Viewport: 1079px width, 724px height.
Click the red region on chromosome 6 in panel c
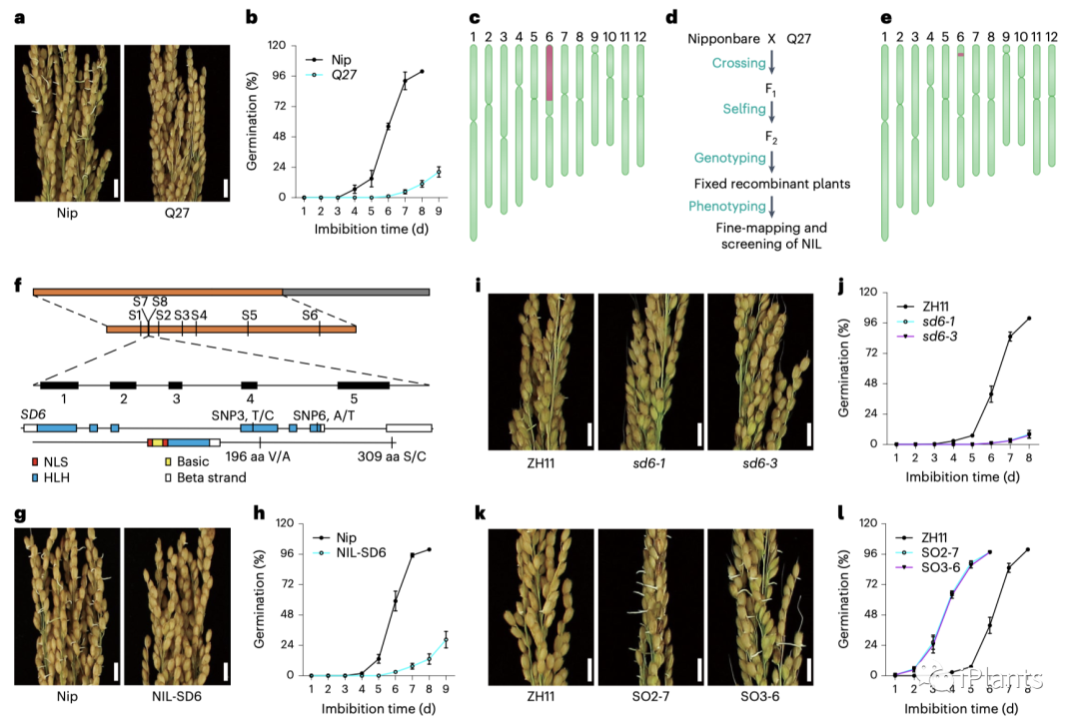pos(548,77)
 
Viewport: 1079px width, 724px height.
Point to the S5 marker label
pos(249,315)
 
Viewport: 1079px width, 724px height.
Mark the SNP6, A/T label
pos(320,413)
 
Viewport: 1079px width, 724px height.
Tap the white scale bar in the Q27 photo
pos(226,189)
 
